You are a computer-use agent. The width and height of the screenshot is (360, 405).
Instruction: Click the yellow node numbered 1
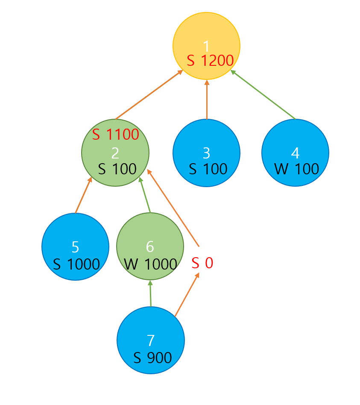[x=206, y=38]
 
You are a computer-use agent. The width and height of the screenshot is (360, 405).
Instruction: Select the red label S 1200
[x=210, y=61]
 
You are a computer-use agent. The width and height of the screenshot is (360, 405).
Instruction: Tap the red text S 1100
[x=116, y=135]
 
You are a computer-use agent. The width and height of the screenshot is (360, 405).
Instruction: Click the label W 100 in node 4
[x=296, y=169]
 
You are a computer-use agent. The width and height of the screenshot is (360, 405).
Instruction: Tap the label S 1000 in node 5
[x=76, y=264]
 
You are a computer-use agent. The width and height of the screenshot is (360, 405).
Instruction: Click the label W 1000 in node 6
[x=150, y=264]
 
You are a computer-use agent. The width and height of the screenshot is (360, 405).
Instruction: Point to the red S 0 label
[x=202, y=263]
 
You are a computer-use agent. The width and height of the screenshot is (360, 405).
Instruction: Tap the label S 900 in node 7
[x=152, y=358]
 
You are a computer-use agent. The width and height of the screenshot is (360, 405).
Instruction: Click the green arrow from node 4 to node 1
[x=263, y=95]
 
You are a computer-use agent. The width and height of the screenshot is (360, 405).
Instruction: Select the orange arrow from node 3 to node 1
[x=207, y=99]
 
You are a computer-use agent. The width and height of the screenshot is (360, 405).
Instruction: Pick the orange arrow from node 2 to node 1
[x=149, y=95]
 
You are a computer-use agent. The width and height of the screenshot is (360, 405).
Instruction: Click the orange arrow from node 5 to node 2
[x=83, y=195]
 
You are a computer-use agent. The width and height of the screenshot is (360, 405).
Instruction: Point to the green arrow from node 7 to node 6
[x=150, y=293]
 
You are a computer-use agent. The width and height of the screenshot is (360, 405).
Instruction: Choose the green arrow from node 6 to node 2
[x=145, y=195]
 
